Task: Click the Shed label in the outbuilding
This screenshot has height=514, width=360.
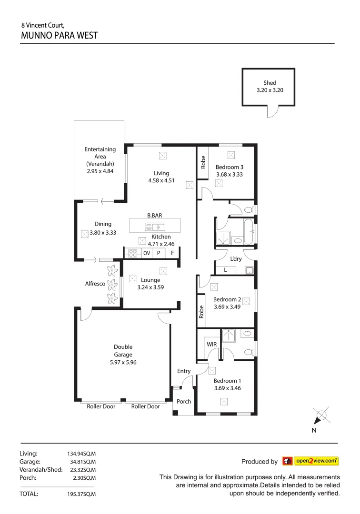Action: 270,83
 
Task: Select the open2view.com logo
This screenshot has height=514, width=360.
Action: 310,461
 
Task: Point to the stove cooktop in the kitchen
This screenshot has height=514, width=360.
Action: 133,253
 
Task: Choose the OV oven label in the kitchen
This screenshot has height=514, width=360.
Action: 147,253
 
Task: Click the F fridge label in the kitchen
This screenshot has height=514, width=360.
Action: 172,253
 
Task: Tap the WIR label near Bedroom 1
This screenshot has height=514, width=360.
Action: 211,344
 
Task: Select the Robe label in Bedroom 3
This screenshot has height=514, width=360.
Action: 203,163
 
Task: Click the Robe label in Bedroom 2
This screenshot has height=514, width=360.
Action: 201,312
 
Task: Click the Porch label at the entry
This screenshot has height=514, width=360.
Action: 184,401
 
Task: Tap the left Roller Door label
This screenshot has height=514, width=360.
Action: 101,406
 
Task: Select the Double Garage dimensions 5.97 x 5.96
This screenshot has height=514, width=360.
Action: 123,362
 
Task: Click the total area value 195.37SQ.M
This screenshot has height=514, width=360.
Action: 81,494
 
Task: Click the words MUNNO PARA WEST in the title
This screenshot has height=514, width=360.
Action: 60,35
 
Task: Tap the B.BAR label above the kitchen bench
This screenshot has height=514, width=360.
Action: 154,215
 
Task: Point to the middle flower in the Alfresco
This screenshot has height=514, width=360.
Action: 112,285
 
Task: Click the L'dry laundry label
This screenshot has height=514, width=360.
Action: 236,259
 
